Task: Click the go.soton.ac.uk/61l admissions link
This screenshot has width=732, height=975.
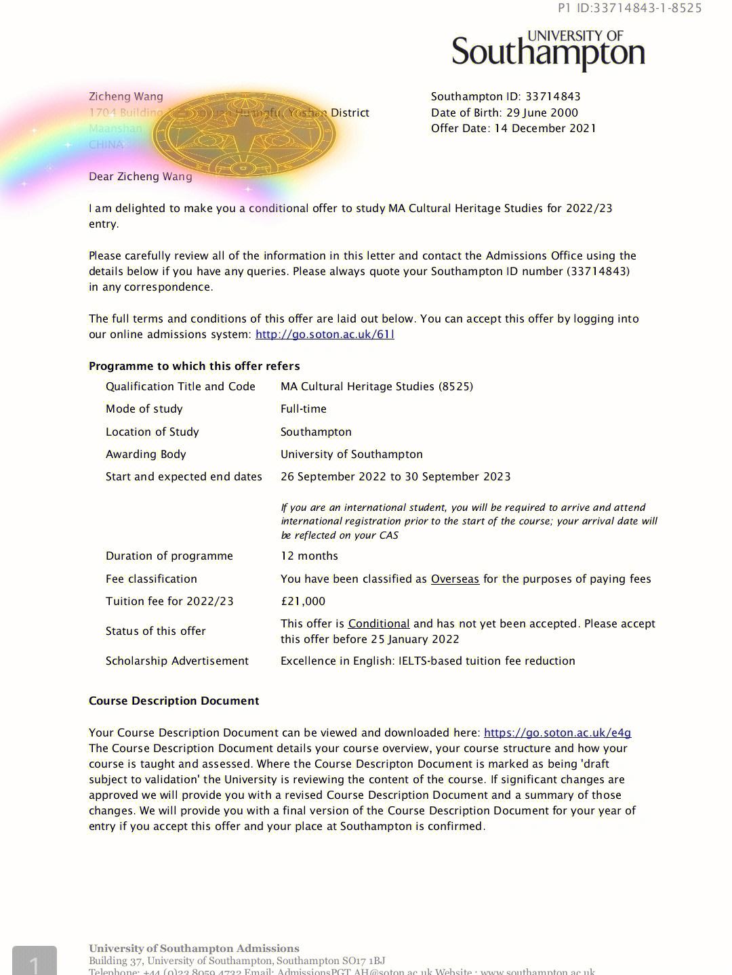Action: click(x=325, y=334)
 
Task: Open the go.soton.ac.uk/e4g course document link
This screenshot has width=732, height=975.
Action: click(x=557, y=732)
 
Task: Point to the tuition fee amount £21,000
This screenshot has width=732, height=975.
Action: click(x=303, y=601)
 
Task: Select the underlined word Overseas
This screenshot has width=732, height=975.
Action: click(x=455, y=579)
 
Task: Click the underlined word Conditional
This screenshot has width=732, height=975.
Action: click(x=379, y=623)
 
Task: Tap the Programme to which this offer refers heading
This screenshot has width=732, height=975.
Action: click(x=194, y=366)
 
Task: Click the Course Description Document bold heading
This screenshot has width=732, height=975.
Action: click(x=174, y=701)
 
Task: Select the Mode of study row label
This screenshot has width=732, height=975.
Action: click(x=144, y=409)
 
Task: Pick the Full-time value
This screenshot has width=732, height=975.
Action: click(x=304, y=409)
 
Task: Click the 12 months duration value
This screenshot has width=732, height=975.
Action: click(x=309, y=556)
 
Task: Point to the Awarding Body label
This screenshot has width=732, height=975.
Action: click(x=146, y=454)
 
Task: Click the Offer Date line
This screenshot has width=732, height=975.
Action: click(x=513, y=128)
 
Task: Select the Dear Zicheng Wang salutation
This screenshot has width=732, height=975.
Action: click(x=140, y=176)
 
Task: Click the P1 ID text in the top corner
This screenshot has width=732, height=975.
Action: click(x=630, y=8)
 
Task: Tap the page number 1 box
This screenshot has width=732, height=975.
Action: click(x=34, y=961)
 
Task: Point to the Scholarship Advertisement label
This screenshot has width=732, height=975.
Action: click(x=177, y=661)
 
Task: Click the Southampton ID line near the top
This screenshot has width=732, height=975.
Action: click(x=506, y=96)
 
